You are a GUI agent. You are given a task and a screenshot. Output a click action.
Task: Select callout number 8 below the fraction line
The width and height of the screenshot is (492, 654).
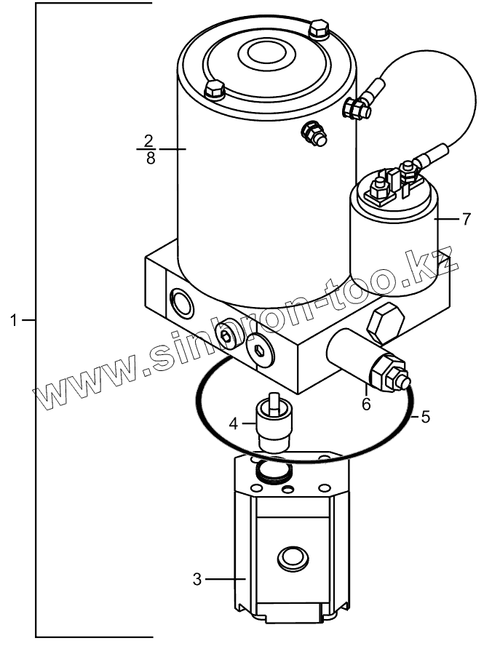pyautogui.click(x=150, y=158)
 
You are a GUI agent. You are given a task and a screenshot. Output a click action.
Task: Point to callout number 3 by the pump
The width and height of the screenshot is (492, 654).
pyautogui.click(x=197, y=579)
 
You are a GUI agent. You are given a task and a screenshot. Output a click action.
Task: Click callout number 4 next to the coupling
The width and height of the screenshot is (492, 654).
pyautogui.click(x=234, y=422)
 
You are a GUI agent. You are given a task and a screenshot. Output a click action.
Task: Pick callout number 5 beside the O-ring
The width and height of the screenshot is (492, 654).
pyautogui.click(x=426, y=418)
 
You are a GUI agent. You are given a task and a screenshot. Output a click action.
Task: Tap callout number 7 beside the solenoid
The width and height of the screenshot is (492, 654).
pyautogui.click(x=467, y=218)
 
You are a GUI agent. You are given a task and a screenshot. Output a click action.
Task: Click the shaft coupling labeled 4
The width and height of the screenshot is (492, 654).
pyautogui.click(x=274, y=423)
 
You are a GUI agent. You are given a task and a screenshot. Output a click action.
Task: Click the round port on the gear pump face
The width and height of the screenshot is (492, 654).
pyautogui.click(x=293, y=559)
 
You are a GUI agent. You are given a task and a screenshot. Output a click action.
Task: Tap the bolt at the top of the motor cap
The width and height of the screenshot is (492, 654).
pyautogui.click(x=318, y=31)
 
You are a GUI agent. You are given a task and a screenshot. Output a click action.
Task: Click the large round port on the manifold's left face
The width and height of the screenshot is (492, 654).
pyautogui.click(x=179, y=299)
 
